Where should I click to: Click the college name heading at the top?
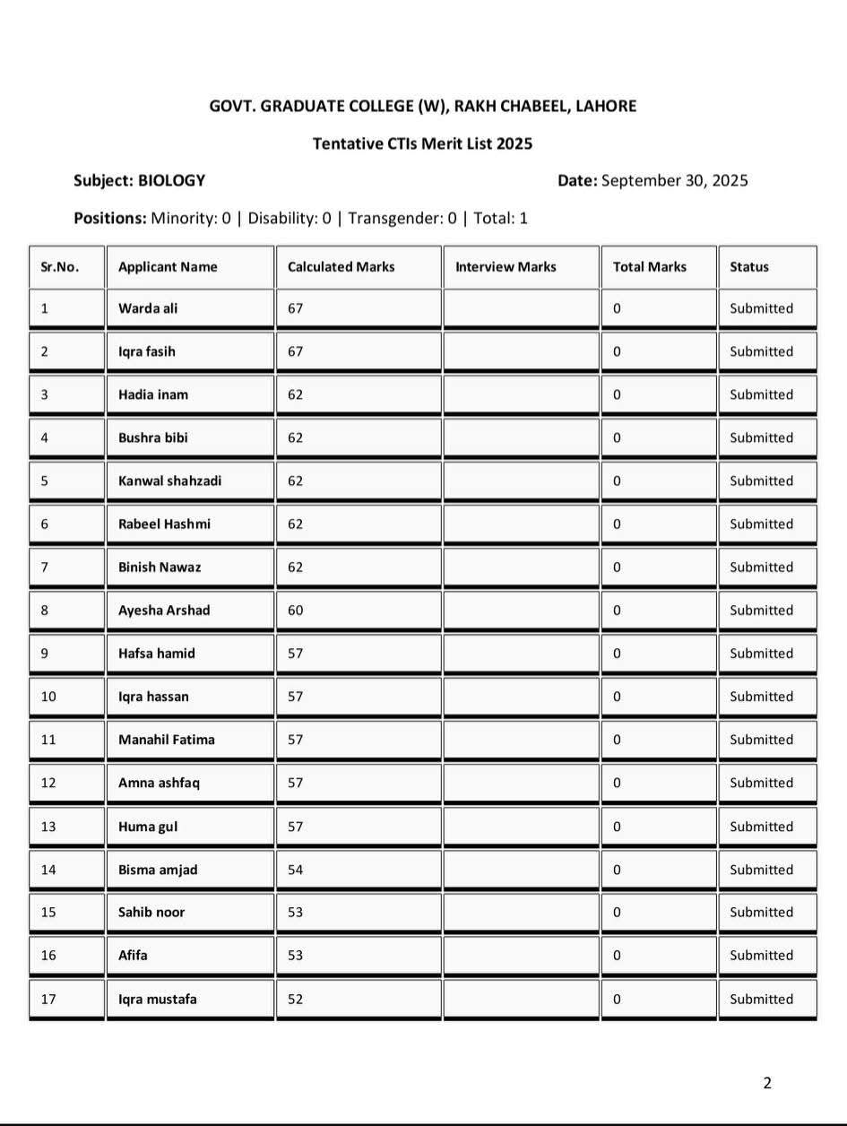coord(423,106)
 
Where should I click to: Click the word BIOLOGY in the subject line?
coord(171,180)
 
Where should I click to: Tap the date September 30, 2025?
coord(674,180)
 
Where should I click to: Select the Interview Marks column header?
coord(506,266)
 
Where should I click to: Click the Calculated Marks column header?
coord(341,266)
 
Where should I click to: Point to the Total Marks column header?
coord(649,266)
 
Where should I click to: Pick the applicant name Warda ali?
coord(148,308)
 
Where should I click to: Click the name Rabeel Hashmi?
coord(164,524)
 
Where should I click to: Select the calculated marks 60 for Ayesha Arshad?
coord(296,610)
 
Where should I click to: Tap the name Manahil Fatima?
coord(166,740)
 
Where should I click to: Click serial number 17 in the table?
coord(48,999)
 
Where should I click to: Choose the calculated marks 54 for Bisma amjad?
coord(296,870)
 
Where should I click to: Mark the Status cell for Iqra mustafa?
coord(761,999)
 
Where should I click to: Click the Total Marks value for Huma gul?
coord(617,826)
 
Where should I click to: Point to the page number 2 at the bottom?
coord(766,1083)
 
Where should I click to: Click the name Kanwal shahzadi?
coord(169,481)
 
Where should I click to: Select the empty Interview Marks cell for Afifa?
coord(520,955)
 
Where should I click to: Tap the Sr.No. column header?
coord(60,266)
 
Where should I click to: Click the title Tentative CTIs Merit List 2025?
coord(422,143)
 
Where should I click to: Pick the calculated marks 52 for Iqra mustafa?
coord(296,999)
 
